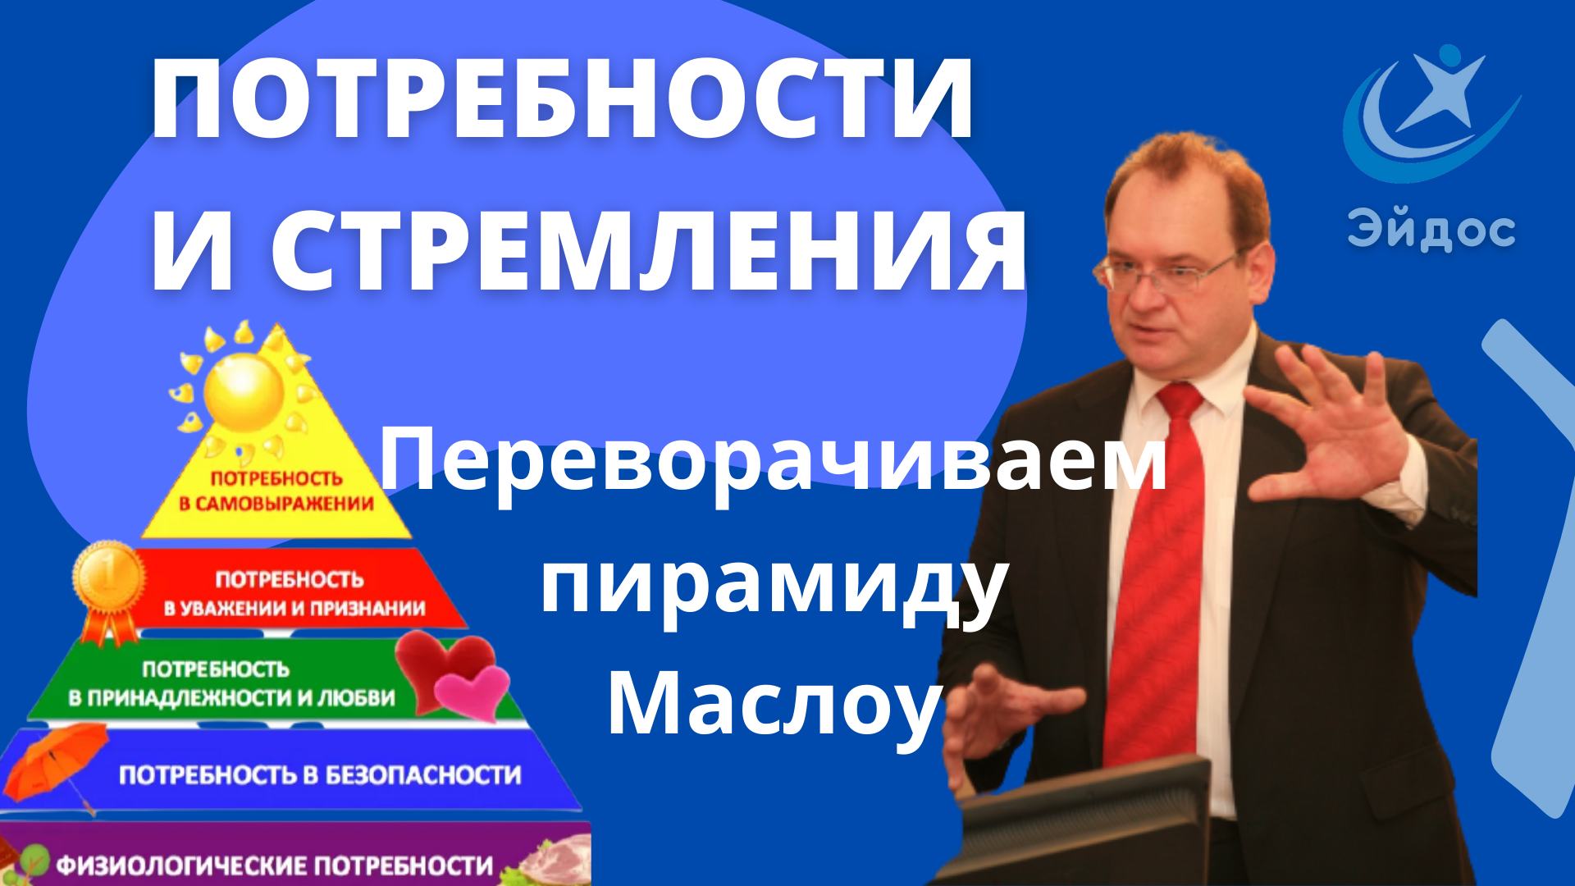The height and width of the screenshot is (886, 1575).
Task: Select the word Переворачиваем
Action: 773,462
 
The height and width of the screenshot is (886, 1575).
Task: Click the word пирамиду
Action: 773,584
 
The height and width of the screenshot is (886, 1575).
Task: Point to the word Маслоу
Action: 773,704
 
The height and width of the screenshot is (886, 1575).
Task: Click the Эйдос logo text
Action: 1431,230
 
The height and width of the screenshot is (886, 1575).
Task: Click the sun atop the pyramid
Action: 244,392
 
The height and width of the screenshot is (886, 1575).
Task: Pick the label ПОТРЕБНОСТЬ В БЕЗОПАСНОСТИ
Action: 320,775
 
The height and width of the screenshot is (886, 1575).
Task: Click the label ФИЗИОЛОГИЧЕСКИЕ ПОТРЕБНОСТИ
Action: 275,865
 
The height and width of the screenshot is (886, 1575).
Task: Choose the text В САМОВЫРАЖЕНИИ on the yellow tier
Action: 276,504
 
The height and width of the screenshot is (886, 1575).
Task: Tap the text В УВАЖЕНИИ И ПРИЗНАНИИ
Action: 294,609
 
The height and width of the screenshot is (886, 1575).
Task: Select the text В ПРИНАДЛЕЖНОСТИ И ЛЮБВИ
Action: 231,698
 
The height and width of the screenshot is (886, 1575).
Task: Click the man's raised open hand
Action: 1329,435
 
